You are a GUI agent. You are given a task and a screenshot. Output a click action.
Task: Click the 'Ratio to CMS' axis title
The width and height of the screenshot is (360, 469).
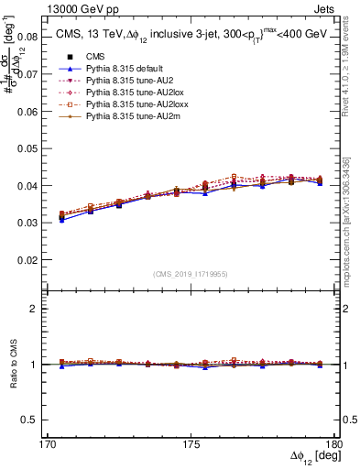[x=13, y=365]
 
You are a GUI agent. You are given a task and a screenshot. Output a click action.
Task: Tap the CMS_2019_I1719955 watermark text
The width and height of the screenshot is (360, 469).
[x=191, y=273]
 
